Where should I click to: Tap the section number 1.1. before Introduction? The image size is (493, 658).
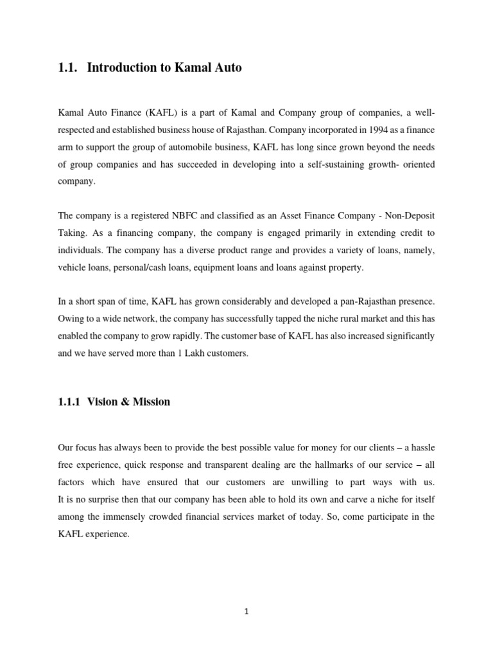[x=67, y=67]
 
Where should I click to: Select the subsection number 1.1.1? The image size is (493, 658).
[x=68, y=402]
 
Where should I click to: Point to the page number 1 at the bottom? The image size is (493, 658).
[x=246, y=612]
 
